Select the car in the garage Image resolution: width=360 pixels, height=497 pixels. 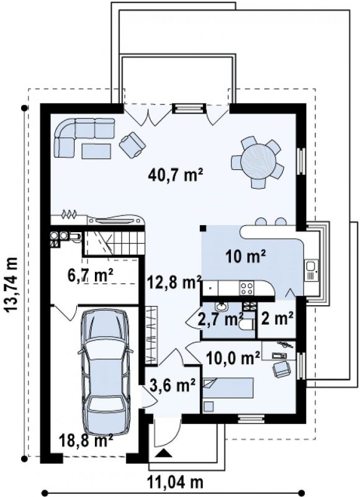106,373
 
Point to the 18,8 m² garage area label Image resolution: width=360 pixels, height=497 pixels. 86,441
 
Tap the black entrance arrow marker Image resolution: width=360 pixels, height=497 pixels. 164,453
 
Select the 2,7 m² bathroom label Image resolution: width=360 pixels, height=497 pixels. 220,319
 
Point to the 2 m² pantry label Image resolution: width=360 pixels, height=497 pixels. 277,319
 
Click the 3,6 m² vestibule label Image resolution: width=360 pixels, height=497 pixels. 171,386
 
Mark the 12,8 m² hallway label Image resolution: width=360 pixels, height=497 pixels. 174,282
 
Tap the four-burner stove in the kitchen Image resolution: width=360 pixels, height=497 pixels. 247,288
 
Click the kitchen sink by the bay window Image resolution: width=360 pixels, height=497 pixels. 311,270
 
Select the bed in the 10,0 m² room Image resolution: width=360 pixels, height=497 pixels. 228,388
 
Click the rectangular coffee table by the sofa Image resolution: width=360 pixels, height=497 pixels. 96,151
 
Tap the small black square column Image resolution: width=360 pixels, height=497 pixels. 203,228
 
